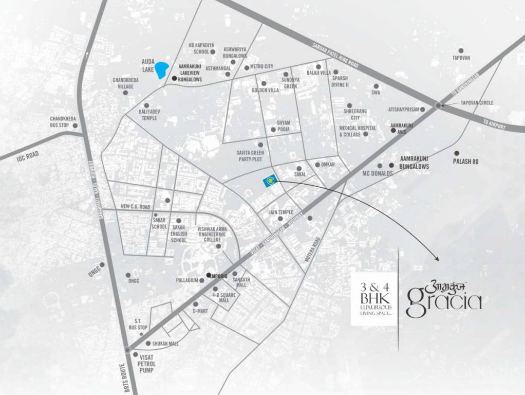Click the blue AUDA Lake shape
[x=162, y=69]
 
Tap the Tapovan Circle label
[x=476, y=103]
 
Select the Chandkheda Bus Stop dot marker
[x=75, y=125]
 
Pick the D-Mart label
[x=199, y=311]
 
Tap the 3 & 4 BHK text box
[x=374, y=299]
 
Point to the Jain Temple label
[x=281, y=212]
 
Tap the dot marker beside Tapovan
[x=461, y=50]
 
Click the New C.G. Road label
[x=135, y=207]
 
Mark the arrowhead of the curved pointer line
[x=437, y=259]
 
